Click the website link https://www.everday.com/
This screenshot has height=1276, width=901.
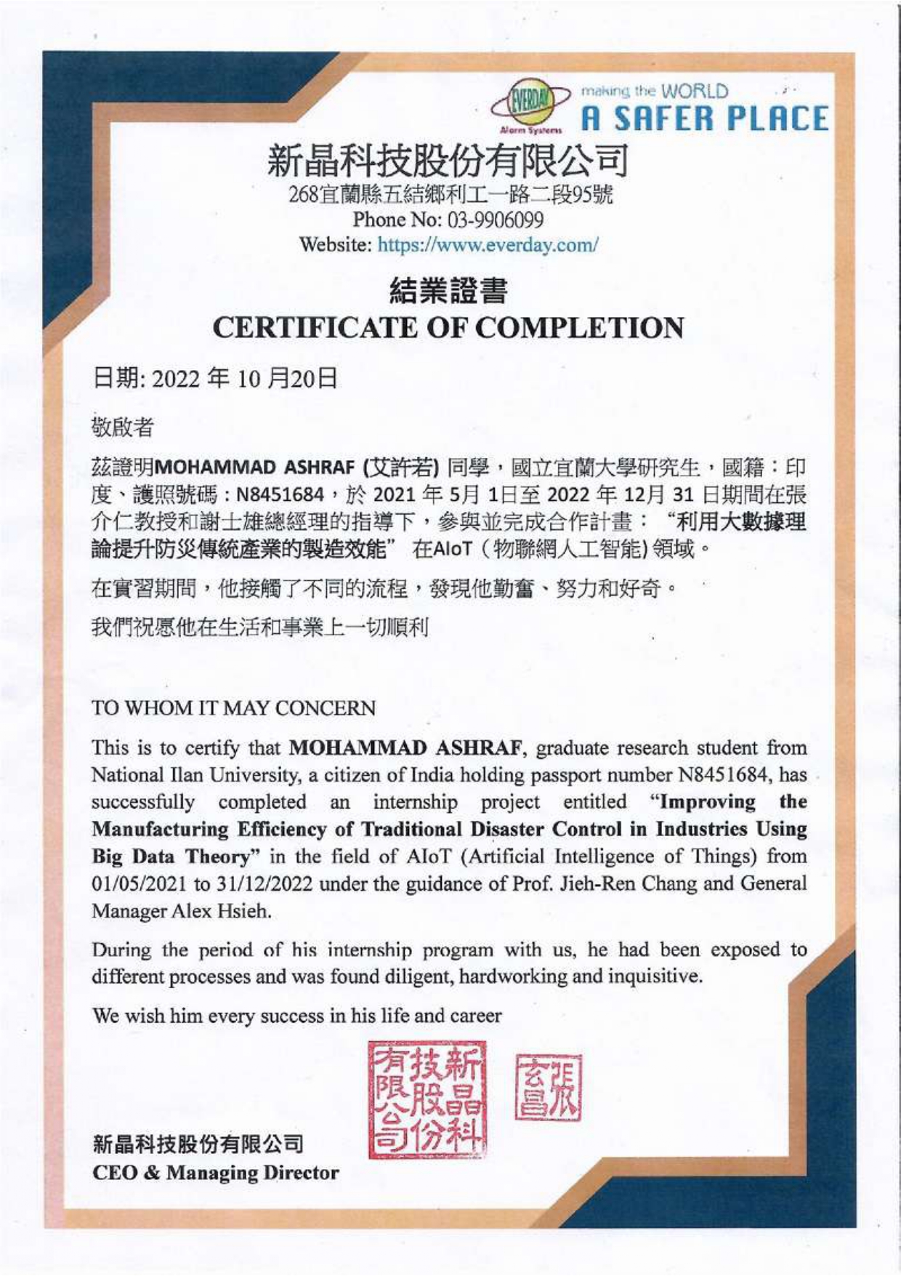pyautogui.click(x=488, y=244)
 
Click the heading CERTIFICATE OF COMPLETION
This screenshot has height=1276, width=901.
pyautogui.click(x=448, y=328)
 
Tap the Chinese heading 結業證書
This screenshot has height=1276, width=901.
pyautogui.click(x=448, y=292)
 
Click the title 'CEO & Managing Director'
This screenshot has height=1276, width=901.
pyautogui.click(x=216, y=1173)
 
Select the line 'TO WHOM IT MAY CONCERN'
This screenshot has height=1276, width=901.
pyautogui.click(x=233, y=708)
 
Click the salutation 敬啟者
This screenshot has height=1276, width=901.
pyautogui.click(x=122, y=427)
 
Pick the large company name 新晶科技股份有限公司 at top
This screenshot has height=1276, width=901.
pyautogui.click(x=447, y=161)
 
